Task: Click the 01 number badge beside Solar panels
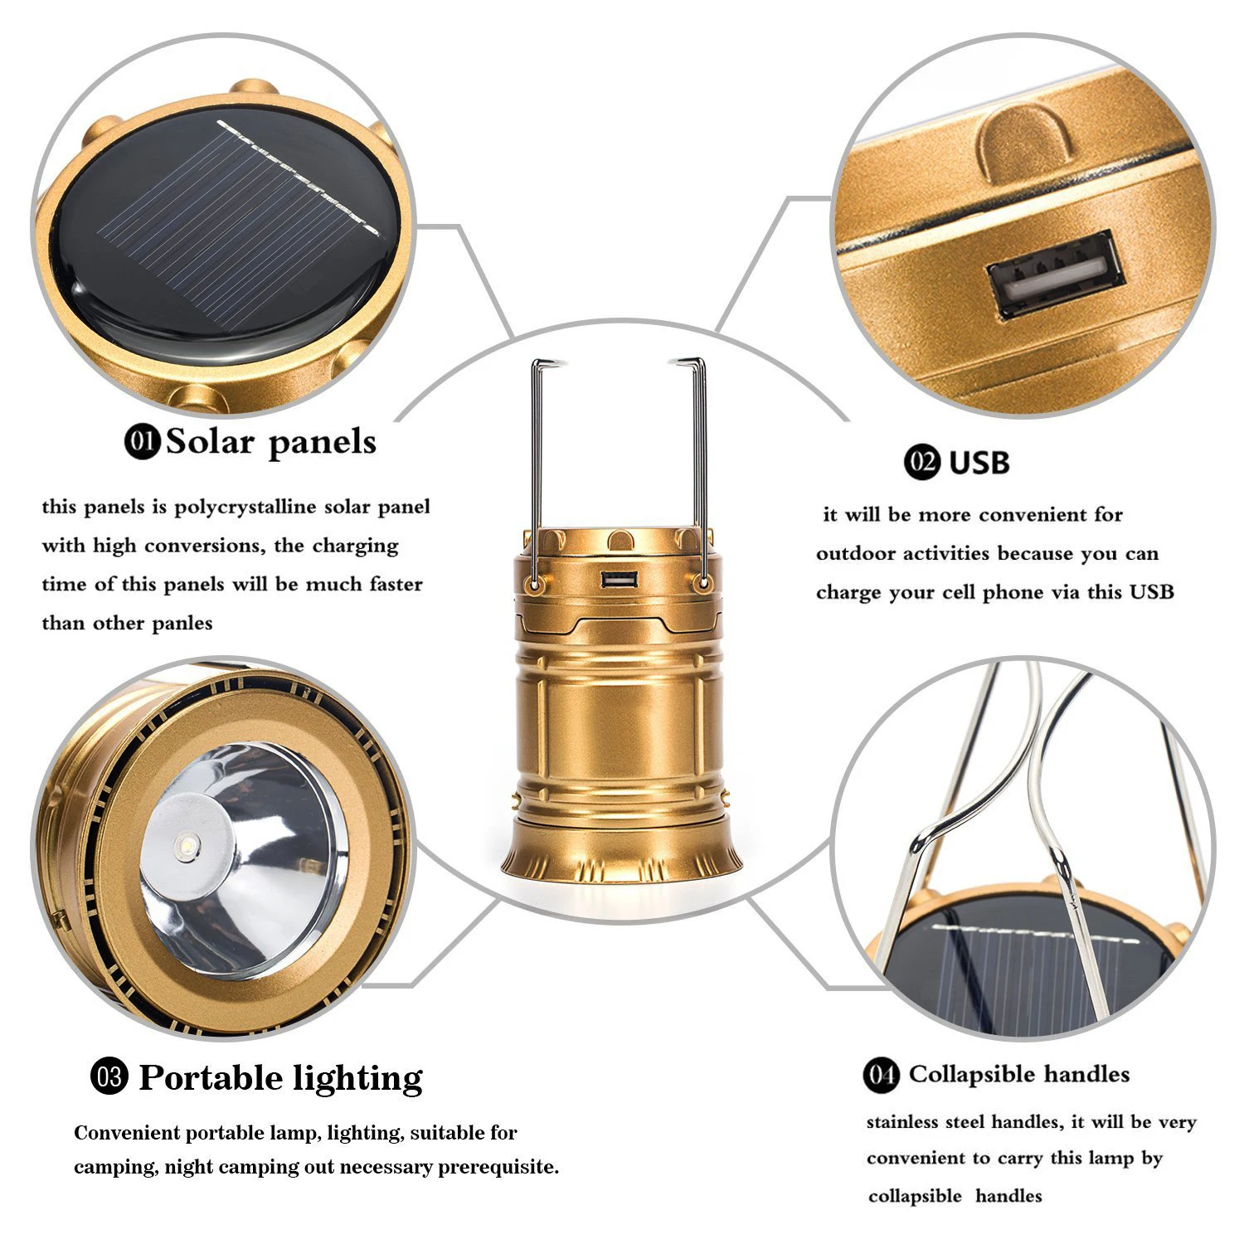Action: point(142,441)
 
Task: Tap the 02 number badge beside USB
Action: point(921,461)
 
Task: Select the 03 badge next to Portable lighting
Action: point(109,1077)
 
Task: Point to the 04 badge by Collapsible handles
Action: point(881,1075)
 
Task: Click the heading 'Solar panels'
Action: point(271,442)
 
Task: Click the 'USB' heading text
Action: point(979,462)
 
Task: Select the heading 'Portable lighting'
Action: point(280,1077)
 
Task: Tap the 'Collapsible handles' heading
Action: point(1019,1074)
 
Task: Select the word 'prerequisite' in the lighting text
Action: point(496,1167)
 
